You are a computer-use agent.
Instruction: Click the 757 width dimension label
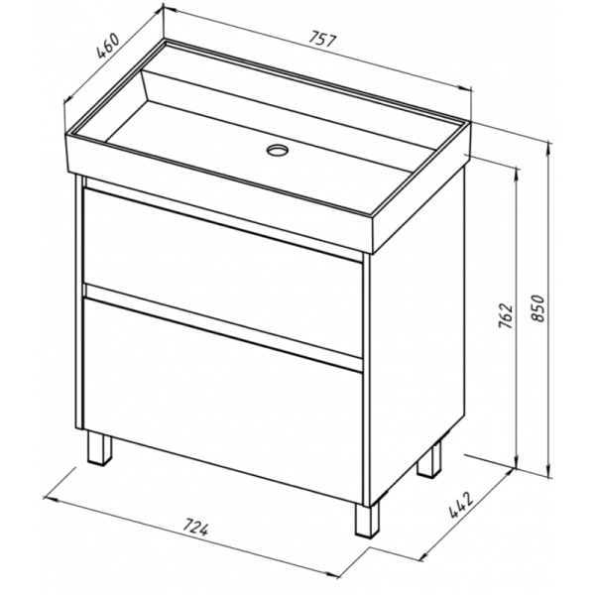(x=322, y=40)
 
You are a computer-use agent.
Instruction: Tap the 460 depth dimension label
(x=108, y=47)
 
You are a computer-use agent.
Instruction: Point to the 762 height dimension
(x=506, y=315)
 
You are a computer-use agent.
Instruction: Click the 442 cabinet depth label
(x=461, y=505)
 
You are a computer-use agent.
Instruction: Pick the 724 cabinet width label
(x=195, y=528)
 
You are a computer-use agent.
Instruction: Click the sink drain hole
(x=278, y=150)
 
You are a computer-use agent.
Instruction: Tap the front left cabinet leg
(x=99, y=448)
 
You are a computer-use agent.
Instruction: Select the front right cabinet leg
(x=367, y=520)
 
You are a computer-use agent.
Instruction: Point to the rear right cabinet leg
(x=429, y=459)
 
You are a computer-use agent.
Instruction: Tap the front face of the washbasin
(x=219, y=193)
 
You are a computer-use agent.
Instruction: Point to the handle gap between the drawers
(x=224, y=327)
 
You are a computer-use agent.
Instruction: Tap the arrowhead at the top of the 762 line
(x=517, y=173)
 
